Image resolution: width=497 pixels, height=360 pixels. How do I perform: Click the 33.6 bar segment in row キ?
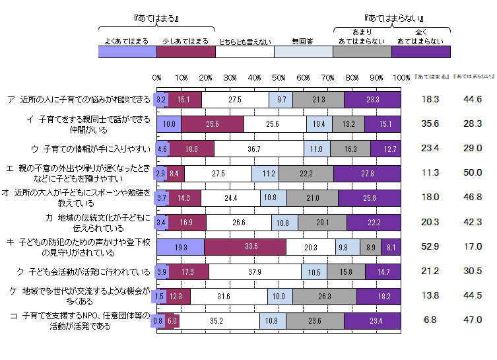[x=245, y=246]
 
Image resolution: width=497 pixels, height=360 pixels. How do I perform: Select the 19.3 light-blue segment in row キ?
[x=180, y=246]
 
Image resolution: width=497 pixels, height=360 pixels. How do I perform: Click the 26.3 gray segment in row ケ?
[x=324, y=296]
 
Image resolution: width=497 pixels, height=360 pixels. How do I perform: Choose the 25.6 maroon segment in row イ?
[x=213, y=124]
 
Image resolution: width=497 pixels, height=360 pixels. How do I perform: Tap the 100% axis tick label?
[x=401, y=78]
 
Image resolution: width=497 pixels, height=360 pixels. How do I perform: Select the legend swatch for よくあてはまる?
[x=127, y=52]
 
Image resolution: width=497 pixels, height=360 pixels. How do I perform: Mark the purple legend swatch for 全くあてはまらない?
[x=420, y=52]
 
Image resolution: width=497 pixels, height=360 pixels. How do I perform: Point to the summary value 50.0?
[x=473, y=173]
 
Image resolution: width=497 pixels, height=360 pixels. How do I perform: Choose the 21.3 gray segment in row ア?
[x=317, y=100]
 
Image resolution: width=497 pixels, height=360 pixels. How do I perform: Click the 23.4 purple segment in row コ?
[x=373, y=320]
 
